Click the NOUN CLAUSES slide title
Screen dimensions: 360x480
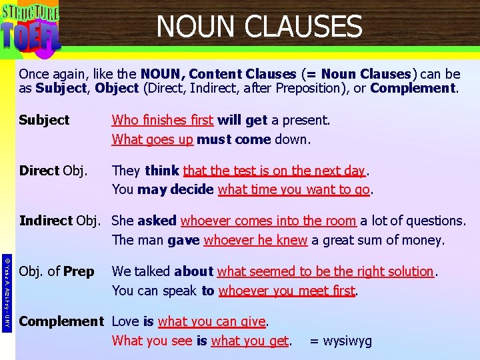tap(259, 27)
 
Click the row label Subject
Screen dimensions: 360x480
tap(44, 120)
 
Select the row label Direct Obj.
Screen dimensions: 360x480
tap(53, 171)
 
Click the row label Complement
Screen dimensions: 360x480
tap(61, 321)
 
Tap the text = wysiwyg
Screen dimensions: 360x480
tap(340, 341)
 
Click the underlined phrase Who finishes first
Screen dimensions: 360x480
tap(163, 120)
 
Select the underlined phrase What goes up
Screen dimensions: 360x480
tap(153, 139)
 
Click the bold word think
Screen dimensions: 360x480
tap(162, 171)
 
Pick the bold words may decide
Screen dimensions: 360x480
tap(175, 189)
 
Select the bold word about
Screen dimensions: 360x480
tap(193, 271)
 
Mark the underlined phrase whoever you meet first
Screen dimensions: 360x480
tap(287, 291)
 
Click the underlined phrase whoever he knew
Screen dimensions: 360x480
tap(255, 240)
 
